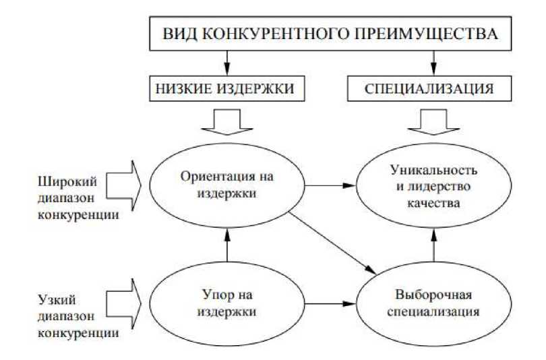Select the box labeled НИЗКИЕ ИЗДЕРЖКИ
point(227,88)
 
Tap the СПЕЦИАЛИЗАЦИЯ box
point(432,88)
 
